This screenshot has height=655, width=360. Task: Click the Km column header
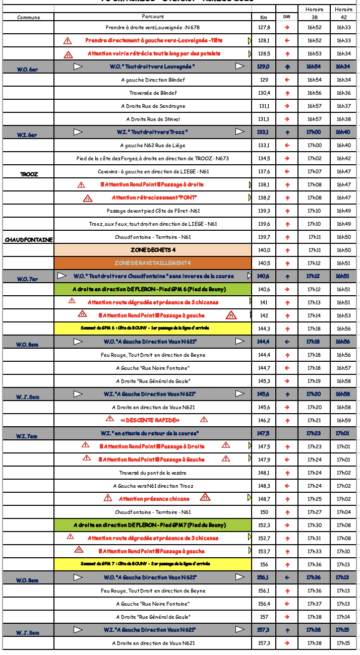pos(263,17)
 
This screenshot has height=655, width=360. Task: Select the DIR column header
pos(287,17)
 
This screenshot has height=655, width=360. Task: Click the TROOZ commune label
pos(29,174)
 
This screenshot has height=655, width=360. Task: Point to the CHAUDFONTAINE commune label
pos(28,240)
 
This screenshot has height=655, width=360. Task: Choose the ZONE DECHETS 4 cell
pos(152,250)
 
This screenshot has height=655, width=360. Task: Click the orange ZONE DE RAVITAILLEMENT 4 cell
pos(152,263)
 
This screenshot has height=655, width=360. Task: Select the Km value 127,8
pos(264,27)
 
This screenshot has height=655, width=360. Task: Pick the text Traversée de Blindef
pos(153,93)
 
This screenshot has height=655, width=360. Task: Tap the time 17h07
pos(315,171)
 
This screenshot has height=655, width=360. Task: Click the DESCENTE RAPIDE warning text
pos(150,420)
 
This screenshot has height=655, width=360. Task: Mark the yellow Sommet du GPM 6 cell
pos(152,329)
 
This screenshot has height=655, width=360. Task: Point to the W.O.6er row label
pos(27,70)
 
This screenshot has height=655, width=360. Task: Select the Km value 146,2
pos(264,420)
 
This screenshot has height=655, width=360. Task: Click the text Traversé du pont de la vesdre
pos(152,473)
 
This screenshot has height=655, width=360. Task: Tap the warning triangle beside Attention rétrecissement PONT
pos(88,198)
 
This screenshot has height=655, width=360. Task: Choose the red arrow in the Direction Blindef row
pos(287,80)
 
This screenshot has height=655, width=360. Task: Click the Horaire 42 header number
pos(343,17)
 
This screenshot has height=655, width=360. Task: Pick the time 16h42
pos(343,158)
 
